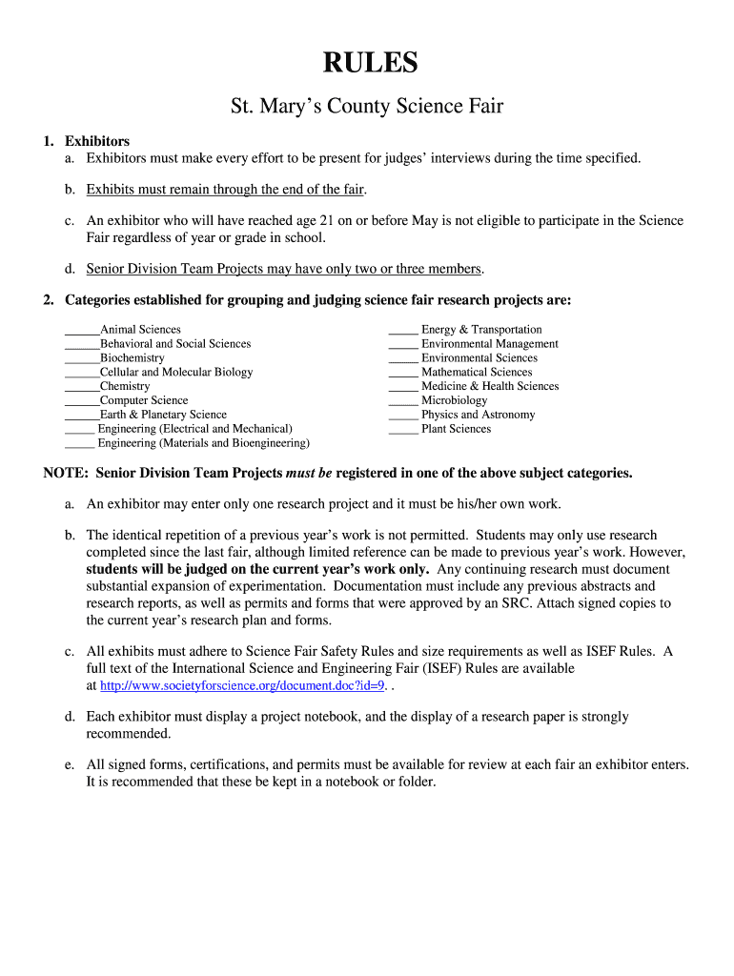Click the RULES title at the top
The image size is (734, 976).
tap(370, 63)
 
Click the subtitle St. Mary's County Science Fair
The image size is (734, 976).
tap(367, 106)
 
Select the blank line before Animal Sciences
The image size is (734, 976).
tap(82, 331)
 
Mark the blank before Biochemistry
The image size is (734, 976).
tap(82, 359)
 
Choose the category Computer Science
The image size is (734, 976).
tap(144, 400)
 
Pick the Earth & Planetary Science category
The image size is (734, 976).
tap(163, 415)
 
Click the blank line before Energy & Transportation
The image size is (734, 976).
tap(403, 331)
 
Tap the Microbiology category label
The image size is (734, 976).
tap(454, 400)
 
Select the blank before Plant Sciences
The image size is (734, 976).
tap(403, 430)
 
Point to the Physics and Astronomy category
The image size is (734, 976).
tap(478, 415)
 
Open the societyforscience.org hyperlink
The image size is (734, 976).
tap(242, 685)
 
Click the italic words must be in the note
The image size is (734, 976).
tap(309, 473)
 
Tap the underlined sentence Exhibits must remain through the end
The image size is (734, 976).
tap(226, 190)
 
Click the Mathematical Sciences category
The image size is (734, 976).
tap(477, 372)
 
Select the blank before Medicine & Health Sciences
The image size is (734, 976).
tap(403, 387)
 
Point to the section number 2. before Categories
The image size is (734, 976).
tap(49, 300)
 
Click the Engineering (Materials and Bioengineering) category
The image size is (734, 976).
tap(203, 443)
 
